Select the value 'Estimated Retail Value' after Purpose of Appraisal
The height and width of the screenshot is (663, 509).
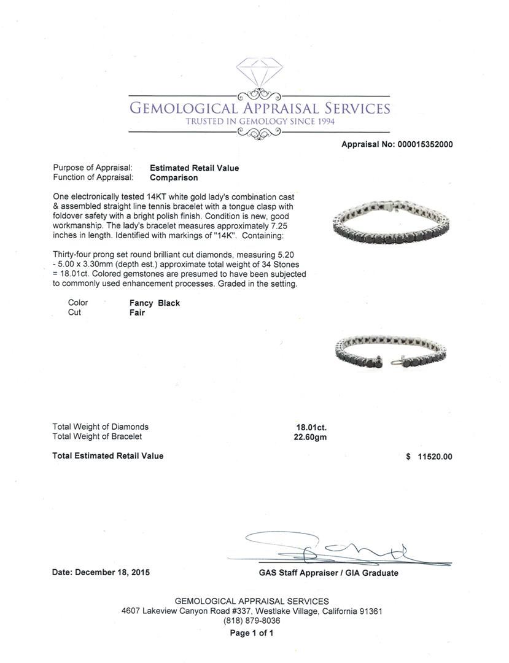pos(194,168)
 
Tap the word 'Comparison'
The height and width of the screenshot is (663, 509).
pos(174,177)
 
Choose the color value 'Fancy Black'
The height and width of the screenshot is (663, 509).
pos(154,303)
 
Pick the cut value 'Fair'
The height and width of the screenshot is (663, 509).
pos(137,312)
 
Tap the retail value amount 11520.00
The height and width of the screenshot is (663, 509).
pos(433,457)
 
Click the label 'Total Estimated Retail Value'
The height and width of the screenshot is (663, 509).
pos(108,456)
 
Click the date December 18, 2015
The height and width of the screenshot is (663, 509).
pos(112,572)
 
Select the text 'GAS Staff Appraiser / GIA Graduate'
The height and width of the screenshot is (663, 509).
pos(328,573)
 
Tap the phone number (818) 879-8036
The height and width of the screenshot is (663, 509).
pos(252,621)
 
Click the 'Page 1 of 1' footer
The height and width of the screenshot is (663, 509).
pos(252,633)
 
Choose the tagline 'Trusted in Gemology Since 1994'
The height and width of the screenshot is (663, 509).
pos(260,122)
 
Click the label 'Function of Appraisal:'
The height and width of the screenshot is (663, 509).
pos(93,177)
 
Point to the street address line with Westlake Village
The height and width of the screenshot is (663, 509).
pos(252,611)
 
